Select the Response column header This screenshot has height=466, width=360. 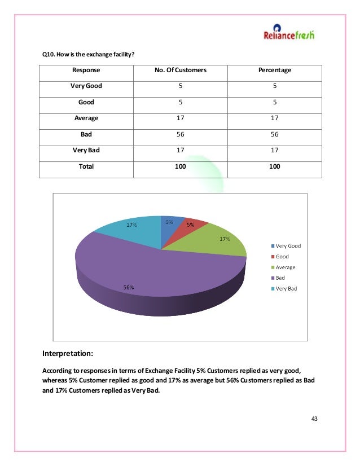(86, 71)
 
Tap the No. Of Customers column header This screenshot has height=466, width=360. (181, 71)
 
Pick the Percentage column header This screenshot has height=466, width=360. (275, 71)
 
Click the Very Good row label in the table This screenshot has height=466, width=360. (86, 86)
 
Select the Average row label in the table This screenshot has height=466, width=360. (86, 118)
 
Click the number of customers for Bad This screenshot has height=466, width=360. (181, 135)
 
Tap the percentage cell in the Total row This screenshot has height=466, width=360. (275, 167)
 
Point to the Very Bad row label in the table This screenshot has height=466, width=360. (86, 151)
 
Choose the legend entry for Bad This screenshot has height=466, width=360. (281, 278)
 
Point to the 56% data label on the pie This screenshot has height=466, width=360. (129, 287)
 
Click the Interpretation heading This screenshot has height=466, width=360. (68, 354)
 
